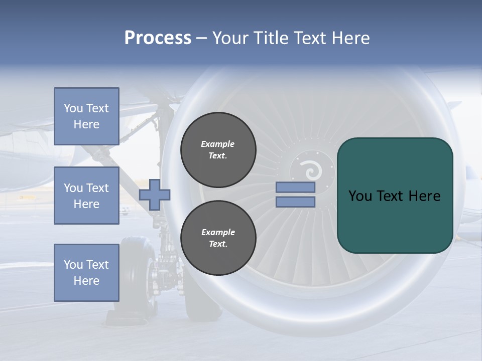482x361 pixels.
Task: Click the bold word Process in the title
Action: [x=158, y=38]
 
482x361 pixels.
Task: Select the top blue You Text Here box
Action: [x=86, y=116]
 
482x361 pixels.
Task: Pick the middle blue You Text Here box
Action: [x=86, y=196]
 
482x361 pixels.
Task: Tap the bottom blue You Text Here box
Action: [x=86, y=273]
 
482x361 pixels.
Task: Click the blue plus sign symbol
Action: [x=155, y=195]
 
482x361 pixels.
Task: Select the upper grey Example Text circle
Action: [x=218, y=150]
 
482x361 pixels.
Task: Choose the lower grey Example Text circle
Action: [x=218, y=238]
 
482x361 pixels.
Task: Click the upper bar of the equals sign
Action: [x=295, y=188]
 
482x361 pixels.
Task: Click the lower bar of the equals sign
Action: [x=295, y=202]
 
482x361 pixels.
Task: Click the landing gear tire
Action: [x=135, y=273]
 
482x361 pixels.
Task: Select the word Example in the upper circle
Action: [x=218, y=144]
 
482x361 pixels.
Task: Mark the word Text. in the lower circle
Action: [x=218, y=244]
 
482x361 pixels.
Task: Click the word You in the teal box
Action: [x=359, y=196]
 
